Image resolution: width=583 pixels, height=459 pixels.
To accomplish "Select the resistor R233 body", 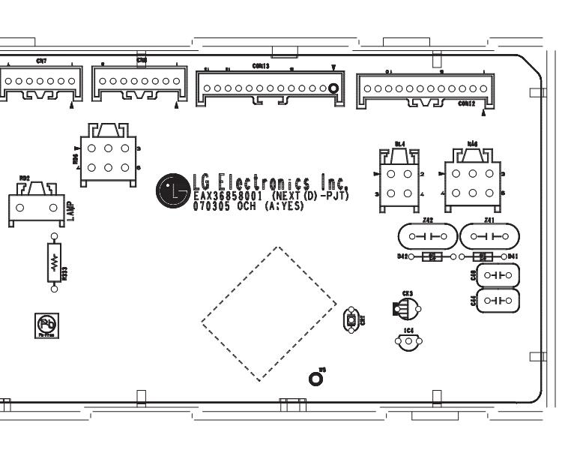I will (x=54, y=262).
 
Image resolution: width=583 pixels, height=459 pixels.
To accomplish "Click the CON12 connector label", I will (x=466, y=104).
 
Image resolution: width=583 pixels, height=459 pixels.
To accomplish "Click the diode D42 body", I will (x=431, y=256).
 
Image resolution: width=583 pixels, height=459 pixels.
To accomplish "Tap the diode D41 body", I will (x=483, y=256).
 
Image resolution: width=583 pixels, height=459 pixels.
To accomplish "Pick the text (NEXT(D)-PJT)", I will (x=314, y=196).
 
